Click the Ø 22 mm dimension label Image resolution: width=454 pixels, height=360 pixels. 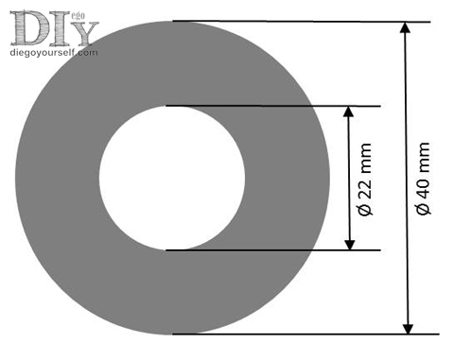click(x=366, y=180)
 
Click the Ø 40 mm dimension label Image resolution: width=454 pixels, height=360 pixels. click(x=423, y=179)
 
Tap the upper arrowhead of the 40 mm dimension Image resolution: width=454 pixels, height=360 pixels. click(x=405, y=27)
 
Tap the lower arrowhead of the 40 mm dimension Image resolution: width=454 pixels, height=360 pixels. click(x=409, y=329)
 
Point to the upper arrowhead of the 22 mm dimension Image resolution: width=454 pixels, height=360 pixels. click(x=348, y=111)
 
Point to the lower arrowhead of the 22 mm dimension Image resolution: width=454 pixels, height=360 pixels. click(x=349, y=245)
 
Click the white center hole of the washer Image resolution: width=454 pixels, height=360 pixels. click(x=172, y=178)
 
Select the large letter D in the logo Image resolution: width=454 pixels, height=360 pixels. click(x=30, y=27)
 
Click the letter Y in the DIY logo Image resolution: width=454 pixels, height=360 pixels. click(x=83, y=33)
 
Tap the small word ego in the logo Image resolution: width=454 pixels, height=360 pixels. click(x=79, y=16)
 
